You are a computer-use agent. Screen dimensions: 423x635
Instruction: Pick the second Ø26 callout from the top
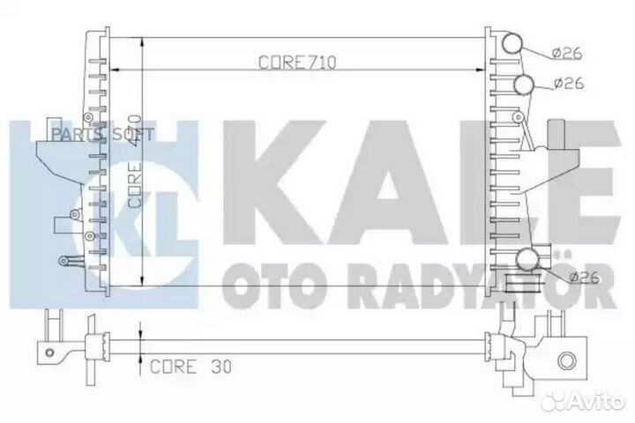pyautogui.click(x=568, y=84)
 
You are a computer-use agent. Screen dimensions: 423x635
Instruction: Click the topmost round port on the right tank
pyautogui.click(x=511, y=45)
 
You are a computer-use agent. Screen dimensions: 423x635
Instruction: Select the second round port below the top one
pyautogui.click(x=524, y=85)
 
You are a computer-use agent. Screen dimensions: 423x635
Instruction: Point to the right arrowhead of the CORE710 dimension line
pyautogui.click(x=481, y=68)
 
